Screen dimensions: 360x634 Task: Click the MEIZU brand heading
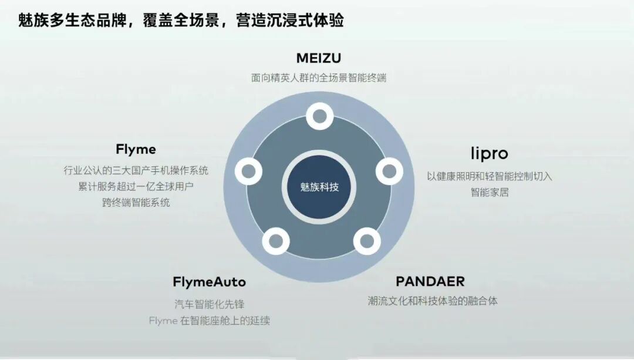coord(318,58)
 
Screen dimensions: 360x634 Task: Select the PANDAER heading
coord(430,281)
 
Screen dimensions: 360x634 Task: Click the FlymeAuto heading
coord(209,282)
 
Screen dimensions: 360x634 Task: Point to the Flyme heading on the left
coord(136,149)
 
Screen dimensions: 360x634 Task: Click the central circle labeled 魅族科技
coord(319,187)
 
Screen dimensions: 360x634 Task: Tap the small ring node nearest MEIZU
coord(319,116)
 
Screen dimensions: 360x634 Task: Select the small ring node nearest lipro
coord(389,171)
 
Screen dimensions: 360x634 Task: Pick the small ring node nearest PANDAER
coord(366,240)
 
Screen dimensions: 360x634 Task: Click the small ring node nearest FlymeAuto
coord(275,241)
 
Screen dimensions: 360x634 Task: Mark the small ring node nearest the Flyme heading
coord(248,171)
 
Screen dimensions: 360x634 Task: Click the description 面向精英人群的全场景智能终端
coord(319,78)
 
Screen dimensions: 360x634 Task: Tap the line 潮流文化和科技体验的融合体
coord(432,301)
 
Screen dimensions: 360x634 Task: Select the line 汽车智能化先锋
coord(209,304)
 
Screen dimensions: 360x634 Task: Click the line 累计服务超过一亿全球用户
coord(136,186)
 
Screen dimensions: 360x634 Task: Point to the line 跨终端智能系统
coord(136,203)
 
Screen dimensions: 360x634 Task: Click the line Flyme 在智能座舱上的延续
coord(209,321)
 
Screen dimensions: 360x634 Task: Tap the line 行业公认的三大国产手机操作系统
coord(136,170)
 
